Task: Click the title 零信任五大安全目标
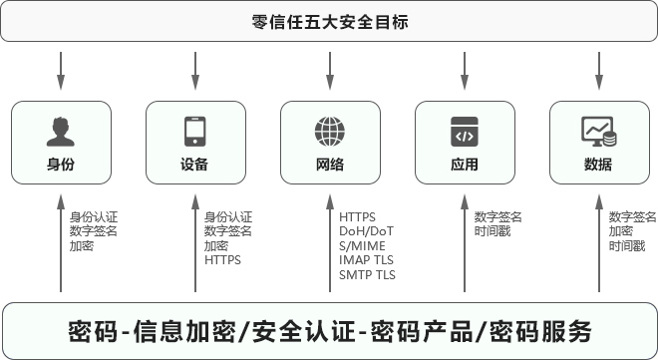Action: coord(330,21)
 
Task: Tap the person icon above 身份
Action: coord(60,131)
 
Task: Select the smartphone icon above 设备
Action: coord(194,131)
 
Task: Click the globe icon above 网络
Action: coord(329,131)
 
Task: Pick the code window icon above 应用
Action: coord(465,131)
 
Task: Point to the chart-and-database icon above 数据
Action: coord(598,131)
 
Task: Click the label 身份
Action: coord(60,165)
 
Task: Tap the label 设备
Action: coord(194,165)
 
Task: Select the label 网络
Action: coord(329,165)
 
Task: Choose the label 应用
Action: coord(465,165)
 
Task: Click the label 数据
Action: coord(598,165)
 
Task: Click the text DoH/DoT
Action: coord(367,231)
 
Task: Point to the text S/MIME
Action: coord(362,245)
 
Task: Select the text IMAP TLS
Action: coord(367,260)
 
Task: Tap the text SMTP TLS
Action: coord(367,274)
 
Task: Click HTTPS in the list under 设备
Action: coord(222,260)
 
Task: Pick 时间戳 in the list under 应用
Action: coord(492,231)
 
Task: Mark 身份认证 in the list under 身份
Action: coord(94,216)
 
